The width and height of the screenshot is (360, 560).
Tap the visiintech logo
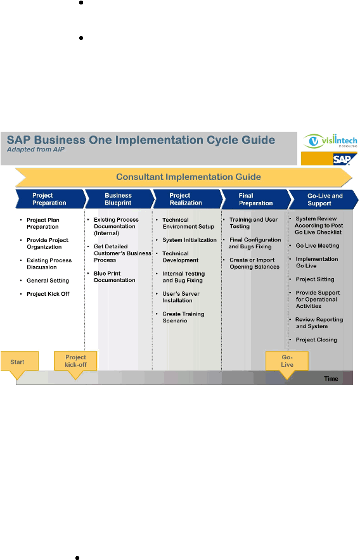click(330, 141)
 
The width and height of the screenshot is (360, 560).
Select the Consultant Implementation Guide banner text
click(188, 177)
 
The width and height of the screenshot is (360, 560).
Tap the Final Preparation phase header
click(256, 200)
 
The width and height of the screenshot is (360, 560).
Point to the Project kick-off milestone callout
click(75, 361)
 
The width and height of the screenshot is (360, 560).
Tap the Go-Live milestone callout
click(286, 361)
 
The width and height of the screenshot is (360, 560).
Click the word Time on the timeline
click(331, 379)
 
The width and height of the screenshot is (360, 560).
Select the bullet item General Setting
click(48, 281)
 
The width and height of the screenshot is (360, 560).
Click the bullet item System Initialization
click(190, 240)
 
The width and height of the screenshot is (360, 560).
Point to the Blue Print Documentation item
click(114, 277)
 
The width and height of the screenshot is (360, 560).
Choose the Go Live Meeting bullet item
click(318, 246)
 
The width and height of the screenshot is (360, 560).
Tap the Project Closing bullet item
click(316, 340)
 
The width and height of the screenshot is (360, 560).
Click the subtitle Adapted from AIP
click(35, 150)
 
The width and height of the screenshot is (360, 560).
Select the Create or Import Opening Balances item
click(254, 264)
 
